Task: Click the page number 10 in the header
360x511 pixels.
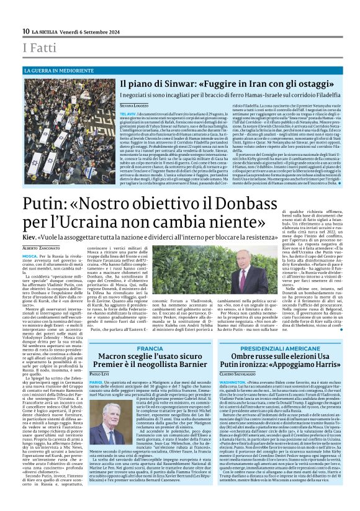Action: click(26, 31)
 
